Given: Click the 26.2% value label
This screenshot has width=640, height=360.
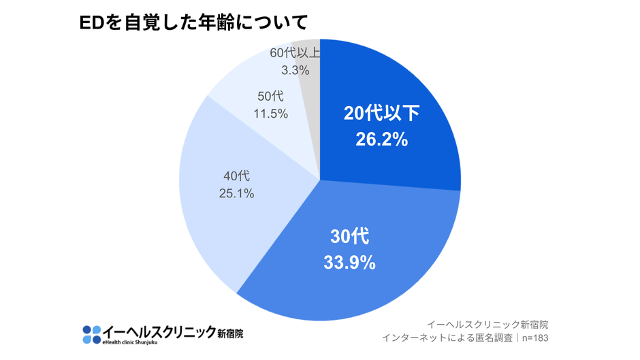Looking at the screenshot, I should point(381,140).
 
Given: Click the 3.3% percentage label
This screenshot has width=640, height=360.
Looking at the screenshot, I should point(295,69).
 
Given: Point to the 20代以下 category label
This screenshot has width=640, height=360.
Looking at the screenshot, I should point(381,113).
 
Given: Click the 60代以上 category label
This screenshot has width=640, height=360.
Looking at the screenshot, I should point(295,52).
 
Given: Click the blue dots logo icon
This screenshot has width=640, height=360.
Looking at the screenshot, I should point(91,334).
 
